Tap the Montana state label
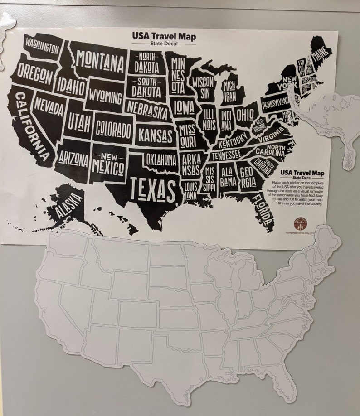click(100, 62)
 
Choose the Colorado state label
click(113, 129)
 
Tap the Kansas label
click(156, 135)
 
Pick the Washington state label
click(42, 45)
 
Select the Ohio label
click(245, 112)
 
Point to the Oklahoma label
click(161, 160)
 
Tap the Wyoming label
click(105, 97)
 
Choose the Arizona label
click(73, 158)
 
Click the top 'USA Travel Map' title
click(164, 36)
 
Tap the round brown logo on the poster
click(300, 223)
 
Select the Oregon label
click(35, 75)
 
